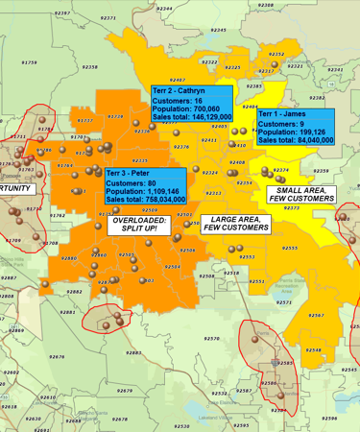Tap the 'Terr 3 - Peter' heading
(x=129, y=173)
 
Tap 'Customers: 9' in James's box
(x=282, y=124)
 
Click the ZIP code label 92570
(x=212, y=338)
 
